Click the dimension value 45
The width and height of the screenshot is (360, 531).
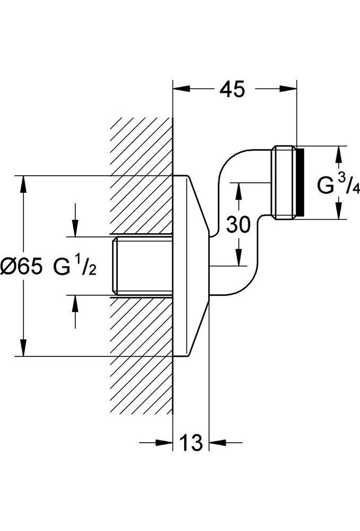(x=232, y=90)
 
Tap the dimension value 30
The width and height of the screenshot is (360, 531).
(x=238, y=225)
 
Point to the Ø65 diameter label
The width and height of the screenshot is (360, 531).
(x=22, y=266)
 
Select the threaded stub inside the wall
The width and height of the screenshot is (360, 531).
(x=142, y=266)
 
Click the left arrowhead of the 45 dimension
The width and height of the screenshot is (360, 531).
(x=181, y=89)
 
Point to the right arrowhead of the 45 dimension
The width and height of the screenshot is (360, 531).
(x=288, y=89)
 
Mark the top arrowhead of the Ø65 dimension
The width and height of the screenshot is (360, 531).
(x=23, y=184)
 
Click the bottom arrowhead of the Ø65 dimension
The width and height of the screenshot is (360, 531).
(x=23, y=347)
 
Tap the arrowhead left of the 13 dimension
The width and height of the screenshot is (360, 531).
(x=165, y=442)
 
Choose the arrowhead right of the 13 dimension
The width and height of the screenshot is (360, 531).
(x=217, y=442)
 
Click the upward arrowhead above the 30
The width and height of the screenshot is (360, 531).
(x=239, y=191)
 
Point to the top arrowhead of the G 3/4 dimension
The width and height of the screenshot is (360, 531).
(x=339, y=155)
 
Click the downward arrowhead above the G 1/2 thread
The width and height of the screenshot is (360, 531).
(x=75, y=228)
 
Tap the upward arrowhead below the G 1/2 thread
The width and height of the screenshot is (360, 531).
(x=75, y=303)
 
